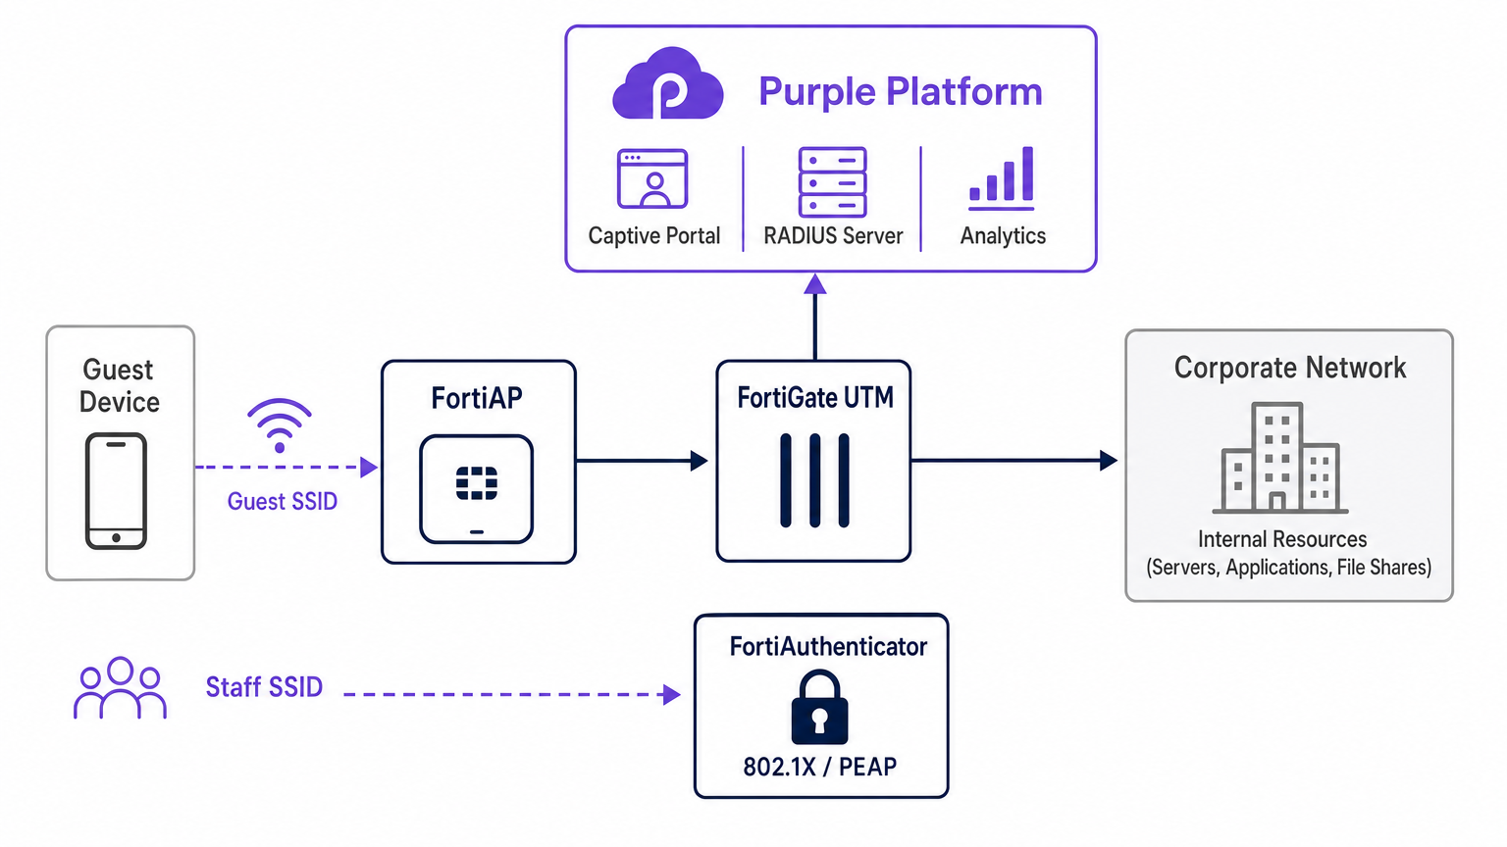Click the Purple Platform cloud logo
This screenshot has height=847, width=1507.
(668, 85)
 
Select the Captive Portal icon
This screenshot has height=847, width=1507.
(652, 178)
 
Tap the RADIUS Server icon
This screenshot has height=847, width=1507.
(832, 181)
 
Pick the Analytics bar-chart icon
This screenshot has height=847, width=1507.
(1002, 178)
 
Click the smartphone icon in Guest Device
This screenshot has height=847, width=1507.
(116, 491)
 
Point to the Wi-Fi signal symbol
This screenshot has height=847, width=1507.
(280, 424)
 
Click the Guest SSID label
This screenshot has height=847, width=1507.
(283, 502)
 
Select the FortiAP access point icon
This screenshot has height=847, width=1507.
(477, 489)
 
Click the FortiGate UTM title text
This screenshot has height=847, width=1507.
(815, 398)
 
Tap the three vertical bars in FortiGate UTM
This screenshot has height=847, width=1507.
(814, 480)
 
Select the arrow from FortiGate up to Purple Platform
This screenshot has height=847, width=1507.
(815, 319)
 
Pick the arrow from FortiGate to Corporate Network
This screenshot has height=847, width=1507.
(1014, 460)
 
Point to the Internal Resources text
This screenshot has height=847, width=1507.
(1282, 539)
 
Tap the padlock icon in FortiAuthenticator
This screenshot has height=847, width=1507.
(819, 707)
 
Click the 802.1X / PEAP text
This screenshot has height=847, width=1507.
(820, 767)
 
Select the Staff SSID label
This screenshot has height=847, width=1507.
(264, 687)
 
